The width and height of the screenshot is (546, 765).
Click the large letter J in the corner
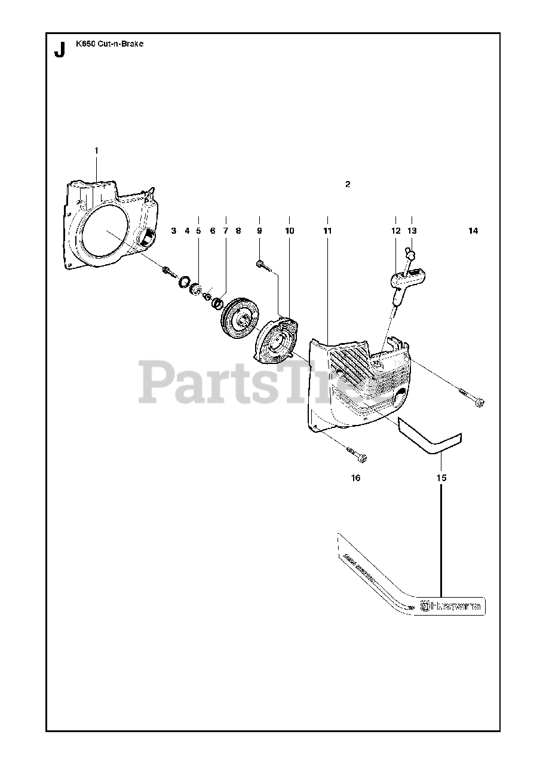[x=59, y=51]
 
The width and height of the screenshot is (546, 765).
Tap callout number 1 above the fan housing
[x=97, y=150]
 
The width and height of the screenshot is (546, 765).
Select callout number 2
[x=348, y=184]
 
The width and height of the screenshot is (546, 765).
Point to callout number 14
[x=473, y=231]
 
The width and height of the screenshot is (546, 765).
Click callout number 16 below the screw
[x=355, y=478]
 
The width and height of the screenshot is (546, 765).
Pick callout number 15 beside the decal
[x=441, y=478]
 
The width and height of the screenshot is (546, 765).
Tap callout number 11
[x=327, y=231]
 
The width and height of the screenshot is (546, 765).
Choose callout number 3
[x=174, y=231]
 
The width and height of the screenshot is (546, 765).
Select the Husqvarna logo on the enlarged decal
[x=452, y=607]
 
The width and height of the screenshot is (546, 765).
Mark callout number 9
[x=259, y=231]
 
